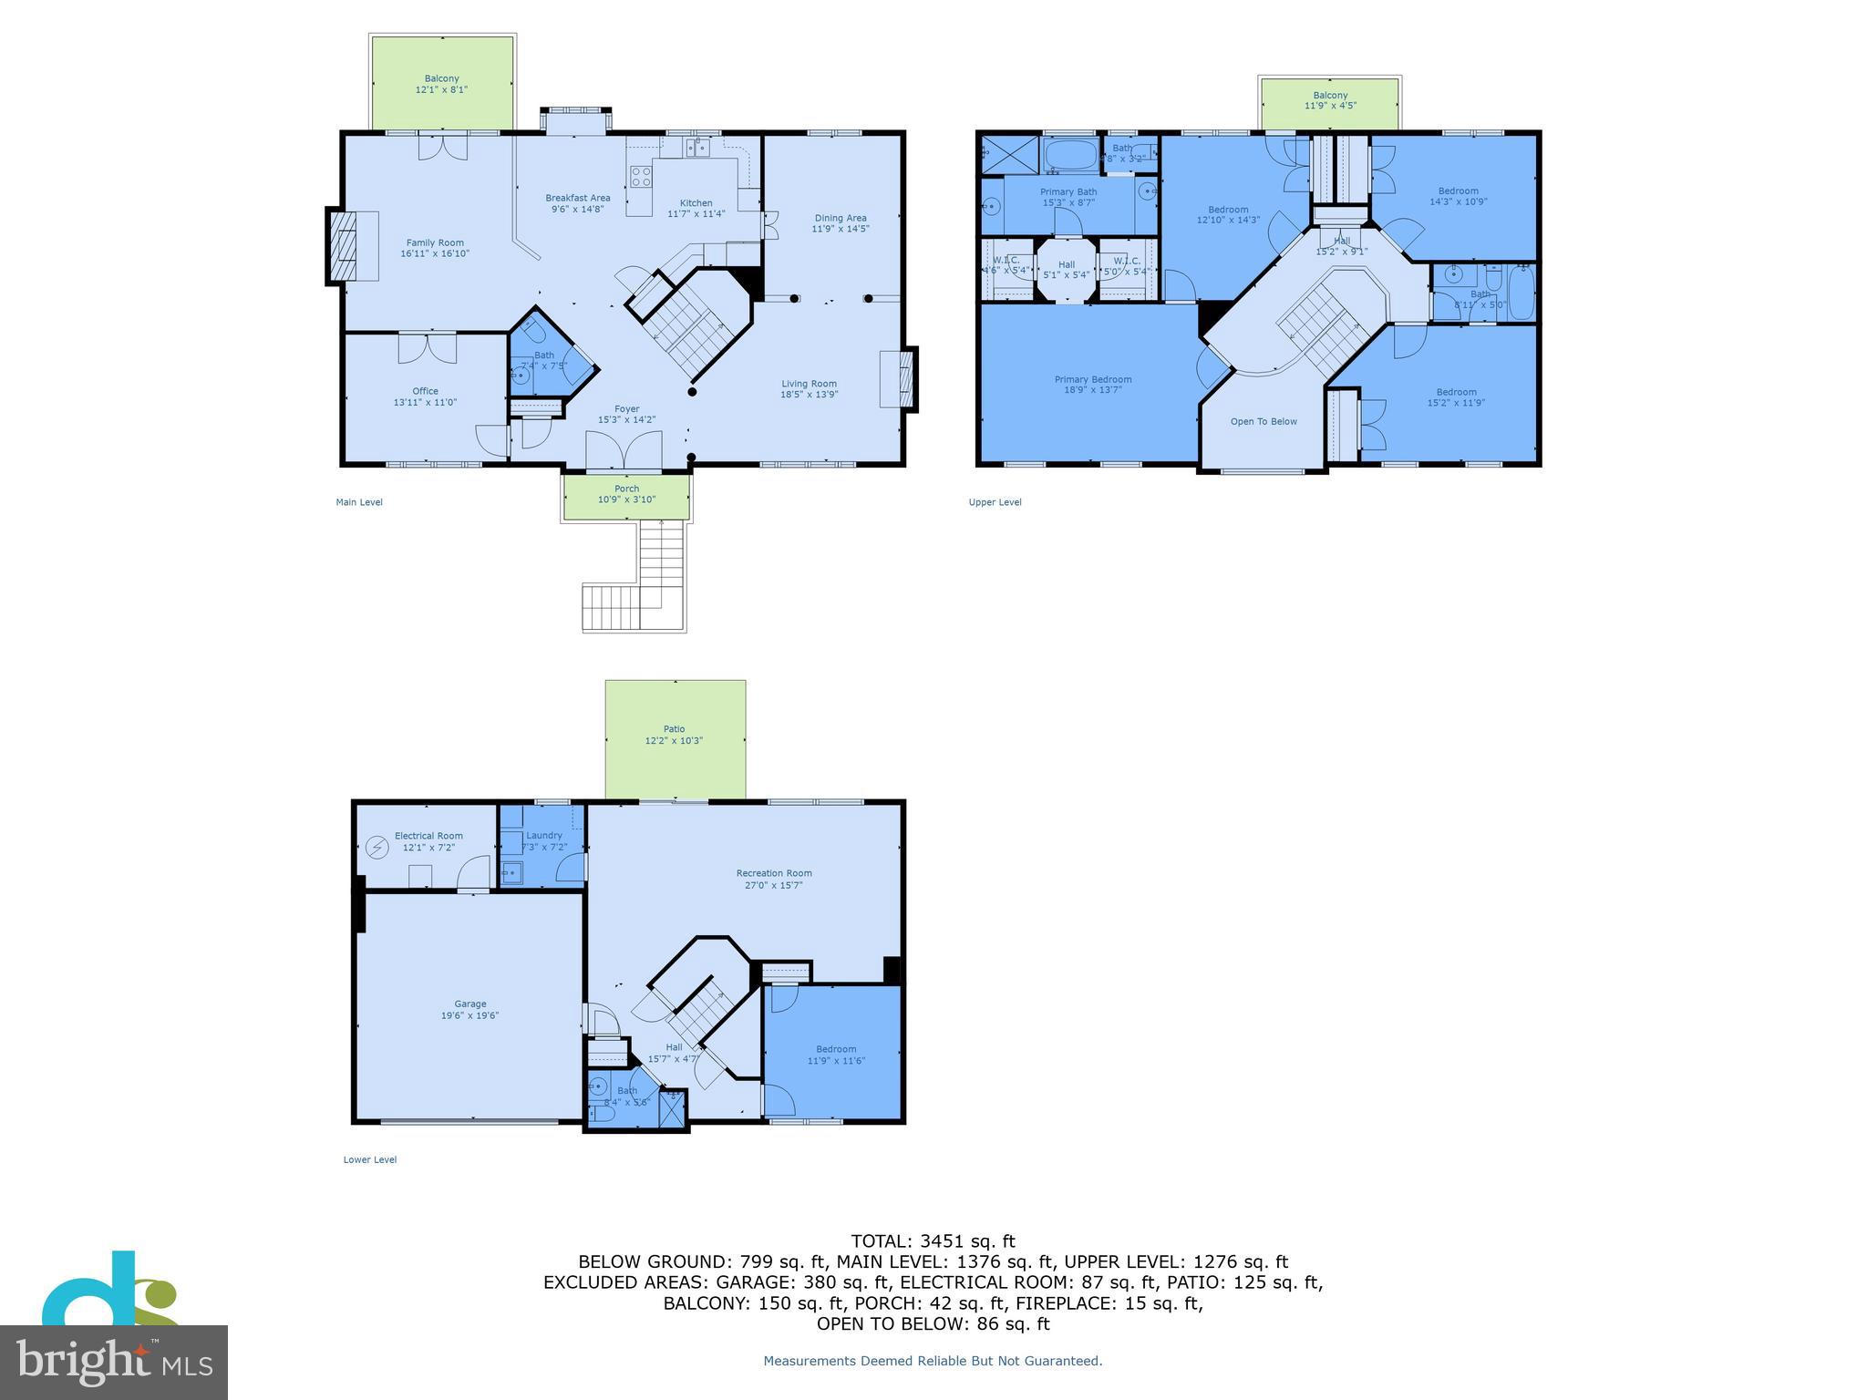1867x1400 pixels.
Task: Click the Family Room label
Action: click(435, 243)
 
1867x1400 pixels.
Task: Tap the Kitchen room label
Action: click(696, 203)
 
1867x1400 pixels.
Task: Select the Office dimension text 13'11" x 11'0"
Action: click(425, 403)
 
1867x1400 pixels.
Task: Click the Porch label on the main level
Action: click(626, 489)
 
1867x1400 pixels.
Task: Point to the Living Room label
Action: click(809, 384)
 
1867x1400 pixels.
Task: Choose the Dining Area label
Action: click(840, 218)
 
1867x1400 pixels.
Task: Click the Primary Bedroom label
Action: click(1093, 379)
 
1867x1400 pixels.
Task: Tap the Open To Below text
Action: click(1264, 422)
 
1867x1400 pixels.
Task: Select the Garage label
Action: click(470, 1004)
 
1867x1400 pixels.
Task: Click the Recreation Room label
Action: click(774, 873)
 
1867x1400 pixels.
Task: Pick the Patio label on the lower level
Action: click(674, 729)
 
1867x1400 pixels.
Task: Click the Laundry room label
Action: click(544, 836)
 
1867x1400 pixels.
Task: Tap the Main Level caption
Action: click(359, 502)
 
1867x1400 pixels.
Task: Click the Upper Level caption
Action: click(995, 502)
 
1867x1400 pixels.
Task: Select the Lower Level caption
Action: click(370, 1160)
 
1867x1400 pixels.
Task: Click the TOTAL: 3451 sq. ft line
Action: click(933, 1241)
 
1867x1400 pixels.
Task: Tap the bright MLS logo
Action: click(114, 1362)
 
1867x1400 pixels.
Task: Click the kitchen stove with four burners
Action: click(641, 176)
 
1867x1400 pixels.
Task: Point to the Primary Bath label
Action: click(1068, 192)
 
